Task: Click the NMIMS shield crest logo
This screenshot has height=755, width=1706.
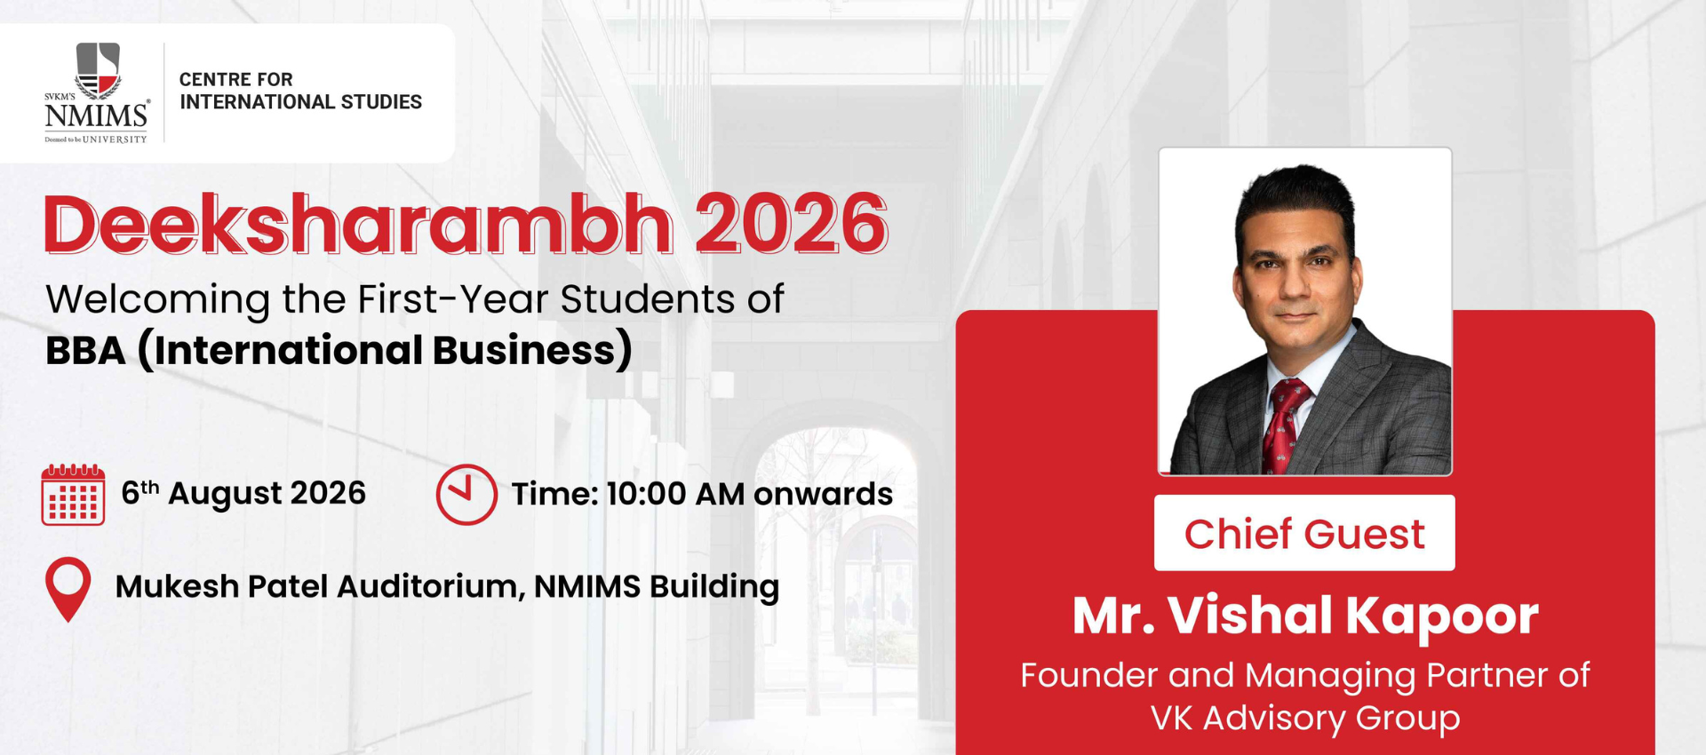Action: (x=98, y=71)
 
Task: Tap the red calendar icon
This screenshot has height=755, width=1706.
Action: (x=73, y=495)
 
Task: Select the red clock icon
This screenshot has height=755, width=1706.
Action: (x=466, y=494)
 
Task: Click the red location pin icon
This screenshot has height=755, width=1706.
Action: (x=68, y=589)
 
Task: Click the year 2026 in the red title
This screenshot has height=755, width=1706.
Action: (x=791, y=224)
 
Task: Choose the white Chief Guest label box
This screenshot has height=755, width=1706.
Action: (x=1304, y=533)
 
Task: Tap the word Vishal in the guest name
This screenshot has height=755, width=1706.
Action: (x=1250, y=615)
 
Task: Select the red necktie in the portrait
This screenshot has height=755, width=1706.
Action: (x=1283, y=426)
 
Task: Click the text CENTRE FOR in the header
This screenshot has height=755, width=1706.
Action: (x=235, y=80)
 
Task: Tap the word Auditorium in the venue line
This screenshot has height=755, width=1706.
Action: (x=431, y=586)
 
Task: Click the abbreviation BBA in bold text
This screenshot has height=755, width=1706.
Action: (x=85, y=351)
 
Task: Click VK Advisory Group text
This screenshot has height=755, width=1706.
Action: (x=1305, y=718)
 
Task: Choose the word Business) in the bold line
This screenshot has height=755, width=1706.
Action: (x=532, y=350)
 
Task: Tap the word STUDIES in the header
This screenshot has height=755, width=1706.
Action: (x=381, y=102)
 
